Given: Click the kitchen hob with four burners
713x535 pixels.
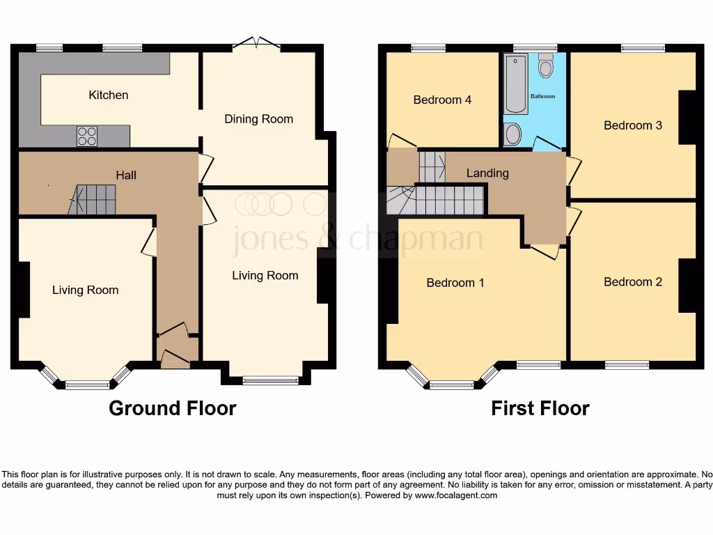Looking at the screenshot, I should pos(87,136).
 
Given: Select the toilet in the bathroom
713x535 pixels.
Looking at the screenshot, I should pos(546,66).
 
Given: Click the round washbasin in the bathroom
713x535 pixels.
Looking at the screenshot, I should pos(513,134).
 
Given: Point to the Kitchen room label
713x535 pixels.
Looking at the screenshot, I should pos(109,95).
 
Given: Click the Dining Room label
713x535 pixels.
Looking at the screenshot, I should pos(258,119).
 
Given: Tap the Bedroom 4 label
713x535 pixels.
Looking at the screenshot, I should pos(442,100).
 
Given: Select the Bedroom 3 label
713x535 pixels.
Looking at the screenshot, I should pos(632,125).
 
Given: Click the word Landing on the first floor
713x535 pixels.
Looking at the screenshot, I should pos(487,173).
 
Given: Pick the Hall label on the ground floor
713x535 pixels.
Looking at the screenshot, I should pos(126,175).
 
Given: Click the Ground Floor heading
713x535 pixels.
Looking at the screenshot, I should pos(172,408).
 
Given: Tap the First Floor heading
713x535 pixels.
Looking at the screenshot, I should pos(540,408).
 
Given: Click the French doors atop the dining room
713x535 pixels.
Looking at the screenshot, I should pos(256,45).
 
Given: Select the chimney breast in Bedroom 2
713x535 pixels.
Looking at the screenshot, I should pos(687,285).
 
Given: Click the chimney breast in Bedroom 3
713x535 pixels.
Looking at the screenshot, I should pos(687,117).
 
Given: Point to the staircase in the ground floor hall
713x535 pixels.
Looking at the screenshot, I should pos(95,199).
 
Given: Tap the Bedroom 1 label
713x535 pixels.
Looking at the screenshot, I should pos(455,283).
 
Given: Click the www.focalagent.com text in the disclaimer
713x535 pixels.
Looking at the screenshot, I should pos(456,496).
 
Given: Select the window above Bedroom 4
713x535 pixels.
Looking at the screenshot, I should pos(428,48).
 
